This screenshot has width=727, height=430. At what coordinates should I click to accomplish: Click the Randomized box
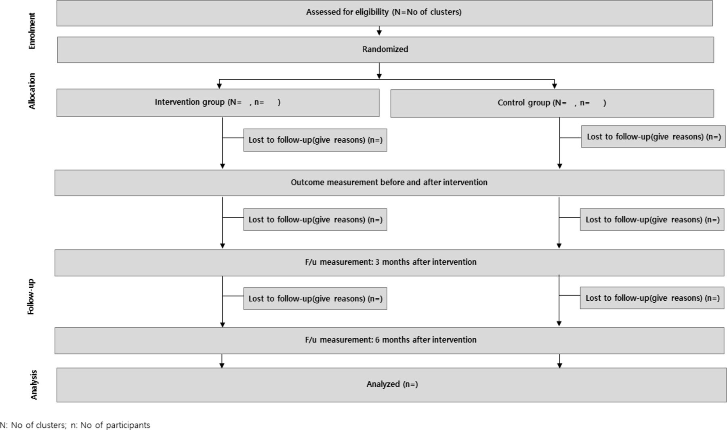[x=385, y=50]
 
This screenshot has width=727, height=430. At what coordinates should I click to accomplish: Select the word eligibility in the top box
[x=372, y=12]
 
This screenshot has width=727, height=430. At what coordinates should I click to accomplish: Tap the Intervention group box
[x=218, y=103]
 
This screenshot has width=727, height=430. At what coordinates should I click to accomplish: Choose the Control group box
[x=552, y=103]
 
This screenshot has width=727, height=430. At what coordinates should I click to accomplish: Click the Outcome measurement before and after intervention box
[x=389, y=183]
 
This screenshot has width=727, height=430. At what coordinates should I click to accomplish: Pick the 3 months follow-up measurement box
[x=389, y=263]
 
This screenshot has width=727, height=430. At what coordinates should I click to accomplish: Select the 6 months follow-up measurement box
[x=389, y=341]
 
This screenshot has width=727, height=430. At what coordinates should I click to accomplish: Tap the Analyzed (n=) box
[x=391, y=385]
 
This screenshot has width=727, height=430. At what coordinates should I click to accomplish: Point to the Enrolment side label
[x=32, y=31]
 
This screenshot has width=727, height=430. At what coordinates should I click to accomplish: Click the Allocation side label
[x=32, y=91]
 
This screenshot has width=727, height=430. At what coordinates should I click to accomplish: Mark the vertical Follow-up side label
[x=31, y=297]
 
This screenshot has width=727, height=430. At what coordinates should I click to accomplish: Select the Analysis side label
[x=34, y=385]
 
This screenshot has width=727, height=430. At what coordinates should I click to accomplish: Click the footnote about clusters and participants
[x=75, y=425]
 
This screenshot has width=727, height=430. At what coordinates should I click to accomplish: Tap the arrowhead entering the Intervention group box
[x=219, y=86]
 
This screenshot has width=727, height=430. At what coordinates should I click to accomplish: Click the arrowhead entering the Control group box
[x=555, y=86]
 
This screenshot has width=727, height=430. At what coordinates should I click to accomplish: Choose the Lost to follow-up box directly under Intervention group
[x=315, y=140]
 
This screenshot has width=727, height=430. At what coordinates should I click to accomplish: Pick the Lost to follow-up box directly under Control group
[x=653, y=137]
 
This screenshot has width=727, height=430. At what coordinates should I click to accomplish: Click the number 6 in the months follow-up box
[x=377, y=340]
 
